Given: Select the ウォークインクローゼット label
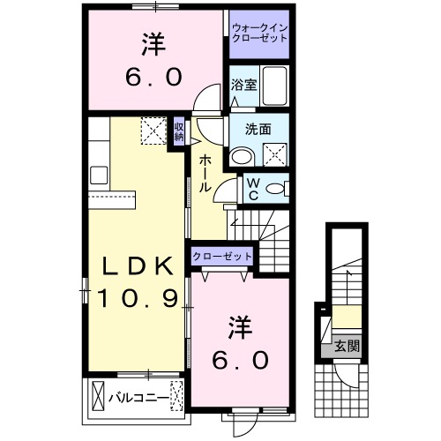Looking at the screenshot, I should (260, 34).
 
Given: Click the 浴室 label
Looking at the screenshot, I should (243, 86).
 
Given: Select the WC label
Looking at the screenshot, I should (251, 189).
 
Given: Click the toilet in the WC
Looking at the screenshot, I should (275, 188).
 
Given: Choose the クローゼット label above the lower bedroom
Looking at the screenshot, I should (222, 256).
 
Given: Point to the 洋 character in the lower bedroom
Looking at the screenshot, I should (241, 326).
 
